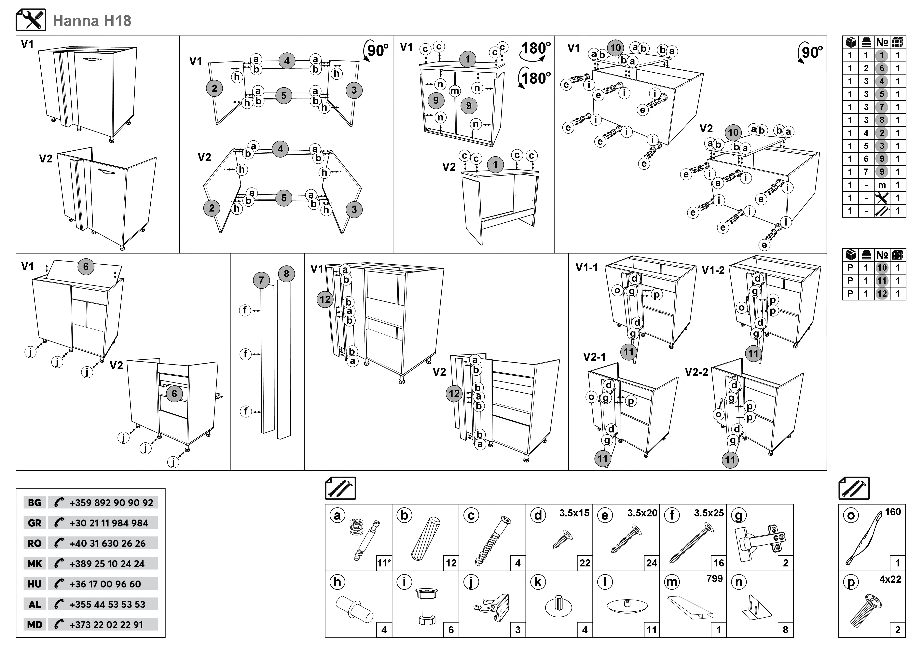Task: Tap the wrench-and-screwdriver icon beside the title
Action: pyautogui.click(x=31, y=20)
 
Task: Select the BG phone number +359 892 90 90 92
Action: pyautogui.click(x=111, y=503)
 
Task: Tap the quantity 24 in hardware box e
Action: pyautogui.click(x=651, y=563)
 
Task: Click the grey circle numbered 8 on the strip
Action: pyautogui.click(x=286, y=274)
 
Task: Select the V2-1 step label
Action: pyautogui.click(x=594, y=357)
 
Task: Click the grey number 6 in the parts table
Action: pyautogui.click(x=881, y=68)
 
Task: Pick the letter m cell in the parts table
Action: pyautogui.click(x=882, y=185)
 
